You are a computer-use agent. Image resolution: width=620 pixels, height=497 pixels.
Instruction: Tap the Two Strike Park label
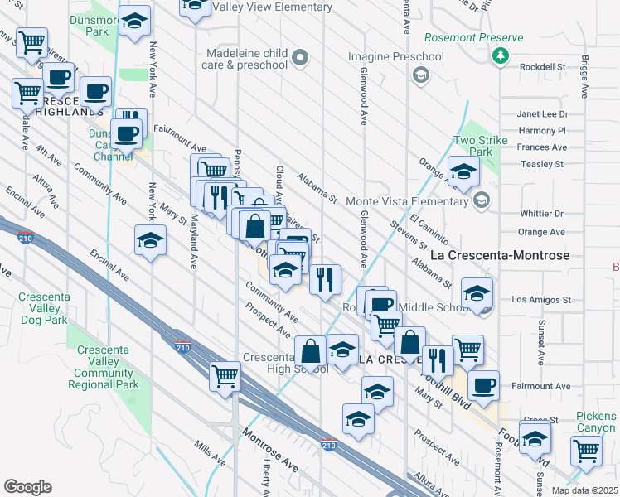tap(480, 147)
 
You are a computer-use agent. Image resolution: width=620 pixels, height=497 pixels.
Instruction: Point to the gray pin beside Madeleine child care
tap(300, 57)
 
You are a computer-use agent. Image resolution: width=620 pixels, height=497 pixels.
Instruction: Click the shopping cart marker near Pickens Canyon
tap(586, 452)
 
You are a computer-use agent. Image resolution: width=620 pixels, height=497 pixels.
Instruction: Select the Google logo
tap(28, 487)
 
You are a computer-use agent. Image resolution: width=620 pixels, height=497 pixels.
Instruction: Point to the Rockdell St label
tap(541, 66)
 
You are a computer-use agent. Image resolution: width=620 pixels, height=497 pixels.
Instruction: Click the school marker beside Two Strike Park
tap(463, 171)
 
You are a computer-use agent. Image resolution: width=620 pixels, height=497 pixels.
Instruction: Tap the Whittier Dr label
tap(541, 213)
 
